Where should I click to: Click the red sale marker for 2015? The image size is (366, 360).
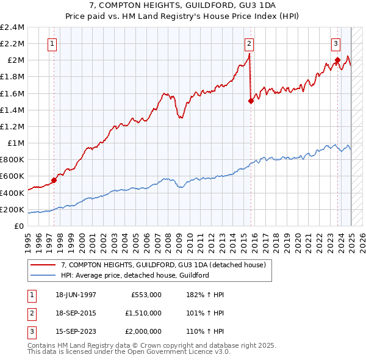[x=251, y=101]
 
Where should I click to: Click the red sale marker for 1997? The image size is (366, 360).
[x=54, y=180]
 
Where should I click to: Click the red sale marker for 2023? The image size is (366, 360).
[x=337, y=60]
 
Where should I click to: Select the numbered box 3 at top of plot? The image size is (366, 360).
[x=336, y=43]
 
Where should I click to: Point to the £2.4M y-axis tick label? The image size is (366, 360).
[x=12, y=27]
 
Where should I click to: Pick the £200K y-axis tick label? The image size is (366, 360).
[x=12, y=209]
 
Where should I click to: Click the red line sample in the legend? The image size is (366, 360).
[x=44, y=265]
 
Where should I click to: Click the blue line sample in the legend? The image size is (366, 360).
[x=44, y=275]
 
